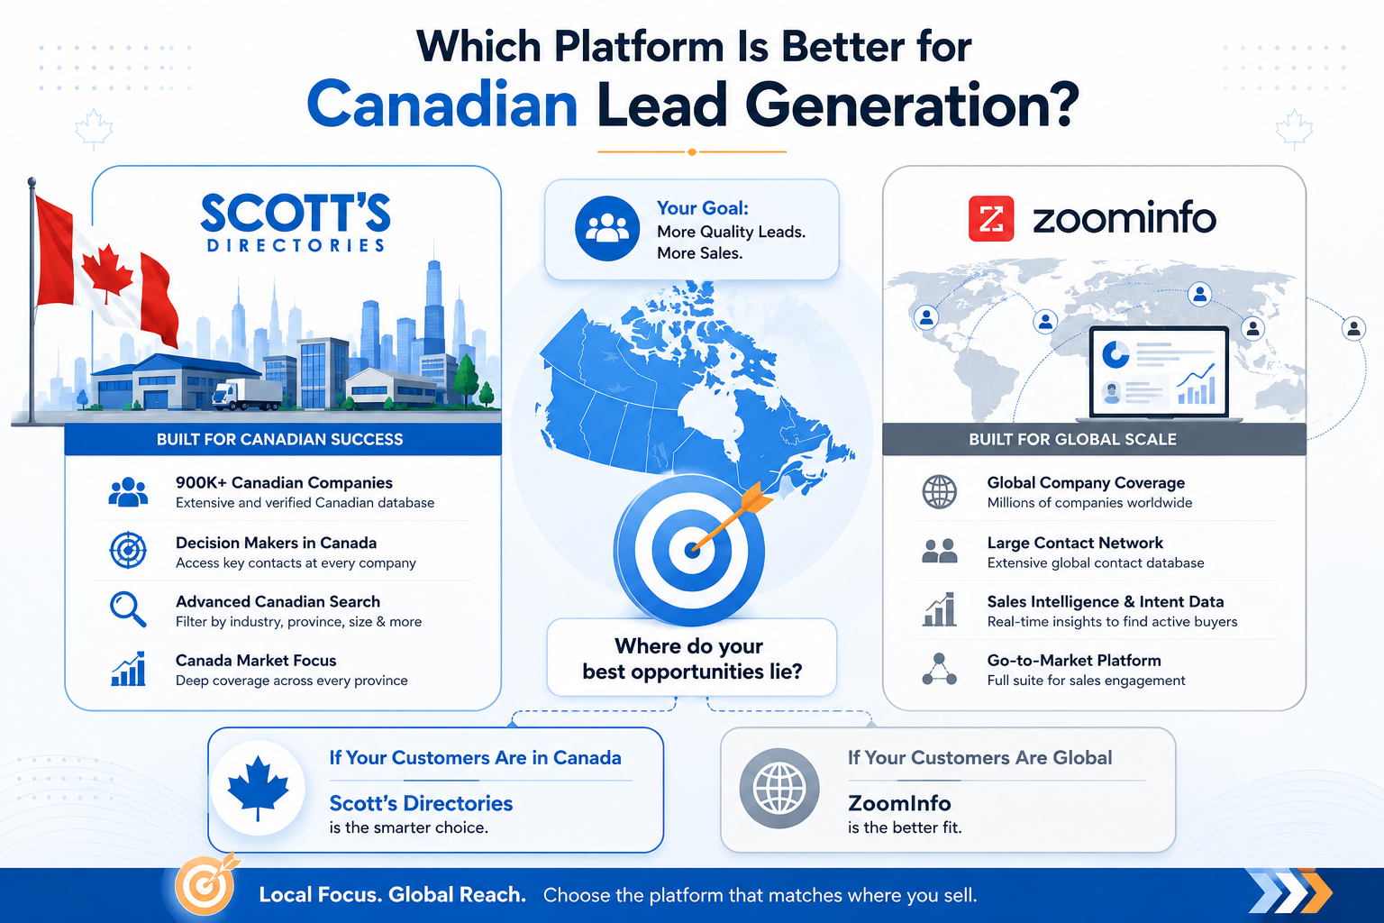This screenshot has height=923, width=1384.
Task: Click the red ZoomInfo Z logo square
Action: pos(991,218)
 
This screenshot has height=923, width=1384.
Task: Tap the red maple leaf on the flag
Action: pos(107,271)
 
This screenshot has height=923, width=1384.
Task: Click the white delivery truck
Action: pos(247,395)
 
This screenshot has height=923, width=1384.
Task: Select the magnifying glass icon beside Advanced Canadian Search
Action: pos(128,609)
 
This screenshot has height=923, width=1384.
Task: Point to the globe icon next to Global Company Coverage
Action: pos(939,492)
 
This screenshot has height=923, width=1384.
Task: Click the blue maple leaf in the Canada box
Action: pos(258,788)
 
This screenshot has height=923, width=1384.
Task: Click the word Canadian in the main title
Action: pos(442,105)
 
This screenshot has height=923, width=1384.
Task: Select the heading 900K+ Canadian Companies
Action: pos(284,482)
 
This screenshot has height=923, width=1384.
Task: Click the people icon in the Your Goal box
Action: pos(607,228)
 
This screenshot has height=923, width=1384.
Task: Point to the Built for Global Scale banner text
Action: pos(1072,439)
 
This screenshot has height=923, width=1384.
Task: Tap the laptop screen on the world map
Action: pos(1159,372)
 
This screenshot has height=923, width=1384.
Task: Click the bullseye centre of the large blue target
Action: pos(691,550)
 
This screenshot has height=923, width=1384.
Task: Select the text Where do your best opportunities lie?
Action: pos(691,658)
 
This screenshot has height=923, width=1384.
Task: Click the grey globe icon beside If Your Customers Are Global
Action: pos(779,788)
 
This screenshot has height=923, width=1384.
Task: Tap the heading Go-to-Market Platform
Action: pos(1074,661)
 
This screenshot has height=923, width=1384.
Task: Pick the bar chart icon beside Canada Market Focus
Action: pos(128,668)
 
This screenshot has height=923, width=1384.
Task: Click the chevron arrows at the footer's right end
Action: pos(1288,891)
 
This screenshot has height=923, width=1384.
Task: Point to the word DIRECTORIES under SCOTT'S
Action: pos(296,245)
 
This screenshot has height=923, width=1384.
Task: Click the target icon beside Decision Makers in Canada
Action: pos(128,550)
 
